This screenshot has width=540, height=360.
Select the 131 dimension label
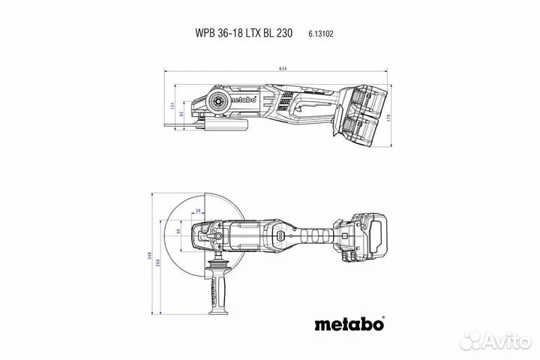tap(172, 106)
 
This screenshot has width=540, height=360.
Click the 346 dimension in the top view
tap(149, 258)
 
